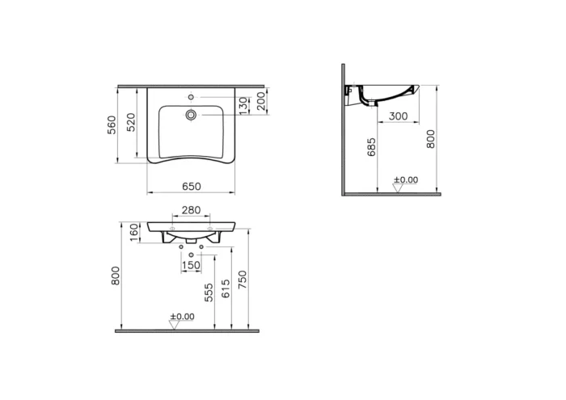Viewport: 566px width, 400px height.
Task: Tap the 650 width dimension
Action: pos(191,187)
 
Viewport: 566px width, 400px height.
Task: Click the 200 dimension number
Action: pos(260,100)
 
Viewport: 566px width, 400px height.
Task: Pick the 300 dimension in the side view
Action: pos(397,116)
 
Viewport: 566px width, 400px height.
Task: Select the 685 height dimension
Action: pos(372,148)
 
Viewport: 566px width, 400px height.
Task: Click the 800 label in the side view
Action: pos(431,138)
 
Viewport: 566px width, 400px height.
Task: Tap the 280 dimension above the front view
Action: pos(190,211)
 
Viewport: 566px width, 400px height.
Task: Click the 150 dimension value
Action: pos(191,264)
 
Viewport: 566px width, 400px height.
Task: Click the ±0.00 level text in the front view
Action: pos(182,316)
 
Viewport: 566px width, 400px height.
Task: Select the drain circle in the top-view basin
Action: pos(191,115)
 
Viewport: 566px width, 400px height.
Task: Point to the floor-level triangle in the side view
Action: pos(397,188)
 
